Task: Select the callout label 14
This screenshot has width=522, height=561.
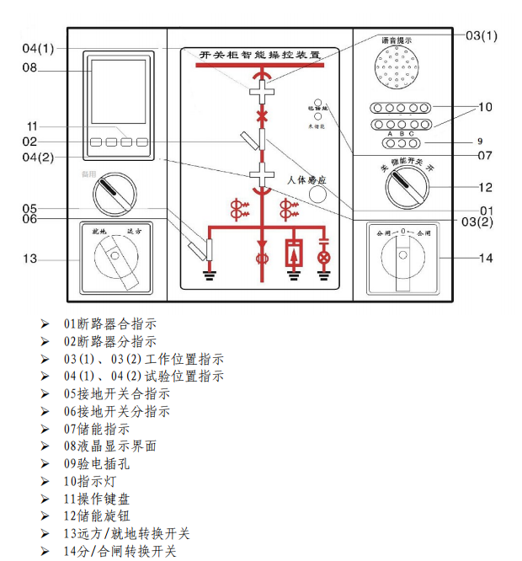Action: [x=485, y=259]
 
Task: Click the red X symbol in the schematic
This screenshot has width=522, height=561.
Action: [x=263, y=115]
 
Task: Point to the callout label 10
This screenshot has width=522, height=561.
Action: [x=485, y=107]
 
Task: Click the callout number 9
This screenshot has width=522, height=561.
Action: [x=480, y=142]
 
